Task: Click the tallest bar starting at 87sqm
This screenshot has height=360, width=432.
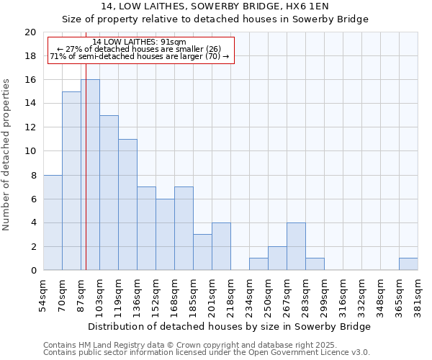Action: pyautogui.click(x=90, y=175)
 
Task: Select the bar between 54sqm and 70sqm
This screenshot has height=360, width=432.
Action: pyautogui.click(x=53, y=222)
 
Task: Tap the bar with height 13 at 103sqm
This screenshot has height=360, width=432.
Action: pyautogui.click(x=109, y=193)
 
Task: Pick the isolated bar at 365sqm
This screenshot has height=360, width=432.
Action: pyautogui.click(x=408, y=264)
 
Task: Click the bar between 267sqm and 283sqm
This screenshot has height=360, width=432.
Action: pyautogui.click(x=296, y=246)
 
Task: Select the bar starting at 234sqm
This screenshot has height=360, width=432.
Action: pyautogui.click(x=258, y=264)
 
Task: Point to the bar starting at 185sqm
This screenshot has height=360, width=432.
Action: pyautogui.click(x=202, y=252)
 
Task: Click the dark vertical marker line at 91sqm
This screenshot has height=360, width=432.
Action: pyautogui.click(x=86, y=180)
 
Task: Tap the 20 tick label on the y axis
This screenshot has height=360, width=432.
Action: pyautogui.click(x=30, y=32)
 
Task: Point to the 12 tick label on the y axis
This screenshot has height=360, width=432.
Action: pyautogui.click(x=30, y=127)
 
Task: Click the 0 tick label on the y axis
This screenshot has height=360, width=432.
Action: pyautogui.click(x=32, y=271)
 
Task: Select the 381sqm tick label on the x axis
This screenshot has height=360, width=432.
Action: pyautogui.click(x=418, y=295)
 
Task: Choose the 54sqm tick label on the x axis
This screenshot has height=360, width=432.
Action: pyautogui.click(x=43, y=295)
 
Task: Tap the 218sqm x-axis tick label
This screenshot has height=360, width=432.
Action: pyautogui.click(x=230, y=295)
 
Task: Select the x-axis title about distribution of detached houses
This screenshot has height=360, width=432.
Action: pyautogui.click(x=230, y=326)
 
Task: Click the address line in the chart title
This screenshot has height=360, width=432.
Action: pyautogui.click(x=215, y=6)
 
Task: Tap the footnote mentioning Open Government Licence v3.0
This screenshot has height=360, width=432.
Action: pyautogui.click(x=207, y=353)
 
